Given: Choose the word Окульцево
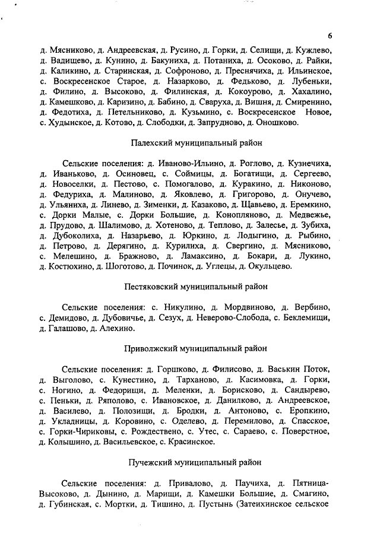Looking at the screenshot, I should [269, 266].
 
